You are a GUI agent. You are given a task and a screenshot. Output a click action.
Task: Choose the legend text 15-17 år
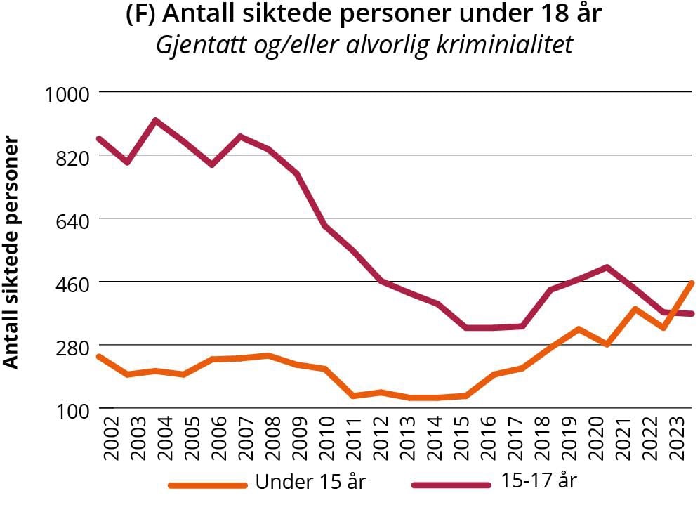(x=539, y=482)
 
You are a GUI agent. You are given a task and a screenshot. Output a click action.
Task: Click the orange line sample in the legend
(x=208, y=485)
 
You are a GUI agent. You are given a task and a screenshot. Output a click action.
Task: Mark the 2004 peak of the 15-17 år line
(x=155, y=121)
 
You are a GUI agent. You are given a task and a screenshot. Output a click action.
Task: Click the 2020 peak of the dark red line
(x=606, y=267)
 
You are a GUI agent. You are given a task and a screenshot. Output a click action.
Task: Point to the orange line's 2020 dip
(x=606, y=344)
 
